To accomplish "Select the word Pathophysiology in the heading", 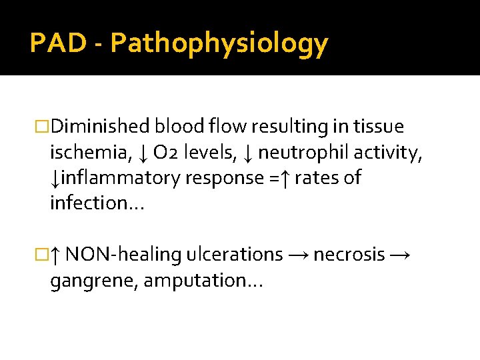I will click(219, 44).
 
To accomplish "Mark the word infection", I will click(94, 203).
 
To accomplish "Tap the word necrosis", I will click(349, 255).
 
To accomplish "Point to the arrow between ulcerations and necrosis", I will click(298, 255).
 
